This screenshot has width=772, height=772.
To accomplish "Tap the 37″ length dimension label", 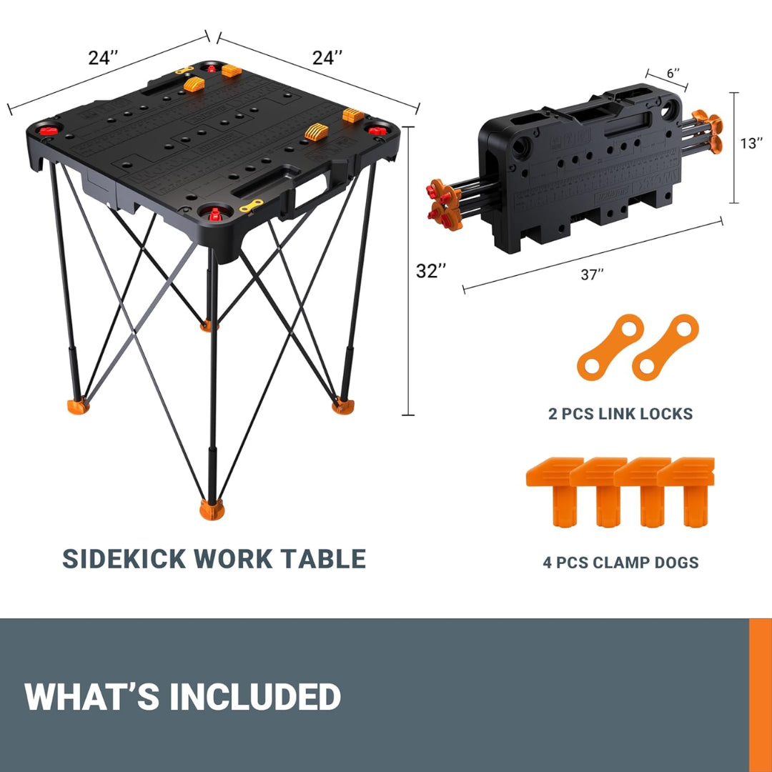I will tap(591, 274).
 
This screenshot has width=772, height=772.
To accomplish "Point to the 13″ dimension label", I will tap(751, 144).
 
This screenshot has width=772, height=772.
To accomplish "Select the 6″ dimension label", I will tap(672, 73).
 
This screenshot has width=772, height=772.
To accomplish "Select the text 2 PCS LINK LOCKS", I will tap(619, 413).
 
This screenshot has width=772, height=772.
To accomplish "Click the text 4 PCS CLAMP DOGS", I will tap(620, 563).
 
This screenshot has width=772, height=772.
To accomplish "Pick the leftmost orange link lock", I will tap(604, 347).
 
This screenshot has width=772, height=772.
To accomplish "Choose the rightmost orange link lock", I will tap(664, 347).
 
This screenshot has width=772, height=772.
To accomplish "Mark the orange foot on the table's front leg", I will tap(211, 510).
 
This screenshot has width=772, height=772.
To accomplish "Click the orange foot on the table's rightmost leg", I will tap(342, 406).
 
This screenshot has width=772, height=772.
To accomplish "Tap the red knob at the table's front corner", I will tap(214, 213).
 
